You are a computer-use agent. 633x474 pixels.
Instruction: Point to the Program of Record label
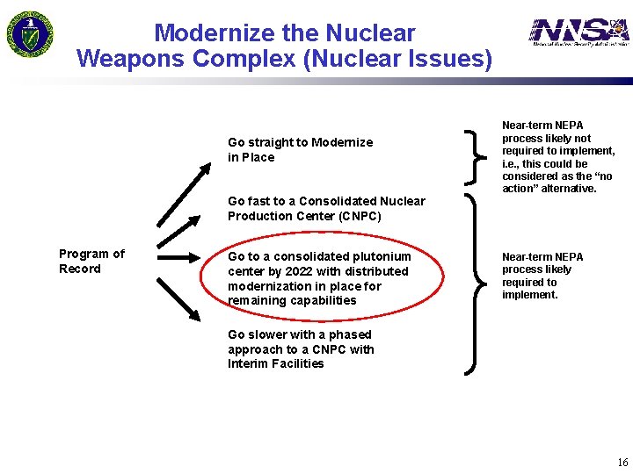[x=91, y=261]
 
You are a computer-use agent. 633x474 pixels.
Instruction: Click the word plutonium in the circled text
[x=380, y=256]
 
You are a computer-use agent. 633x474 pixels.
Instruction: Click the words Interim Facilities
[x=275, y=363]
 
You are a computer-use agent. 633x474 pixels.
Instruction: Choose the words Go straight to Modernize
[x=300, y=142]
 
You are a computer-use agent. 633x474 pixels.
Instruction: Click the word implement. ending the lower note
[x=529, y=295]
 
